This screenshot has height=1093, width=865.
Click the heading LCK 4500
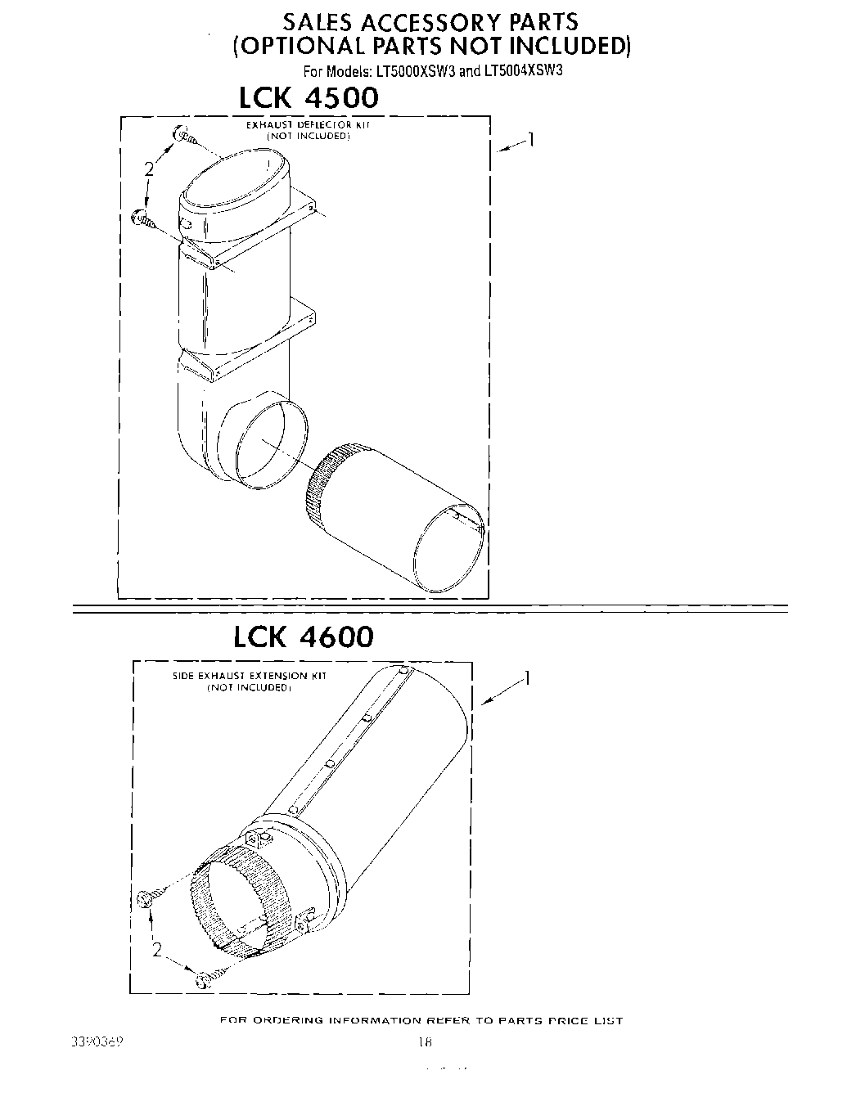(309, 98)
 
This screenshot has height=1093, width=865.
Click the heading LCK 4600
(304, 636)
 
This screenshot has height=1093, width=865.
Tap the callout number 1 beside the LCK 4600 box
(528, 679)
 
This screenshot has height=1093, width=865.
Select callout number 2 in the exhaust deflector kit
(148, 169)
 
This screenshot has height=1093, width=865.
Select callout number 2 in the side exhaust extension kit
(156, 950)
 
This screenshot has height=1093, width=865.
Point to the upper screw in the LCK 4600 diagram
(149, 897)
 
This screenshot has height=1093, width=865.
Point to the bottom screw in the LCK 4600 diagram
(205, 978)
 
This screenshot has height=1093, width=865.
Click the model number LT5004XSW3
(523, 70)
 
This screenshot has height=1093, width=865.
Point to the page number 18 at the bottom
(423, 1042)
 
